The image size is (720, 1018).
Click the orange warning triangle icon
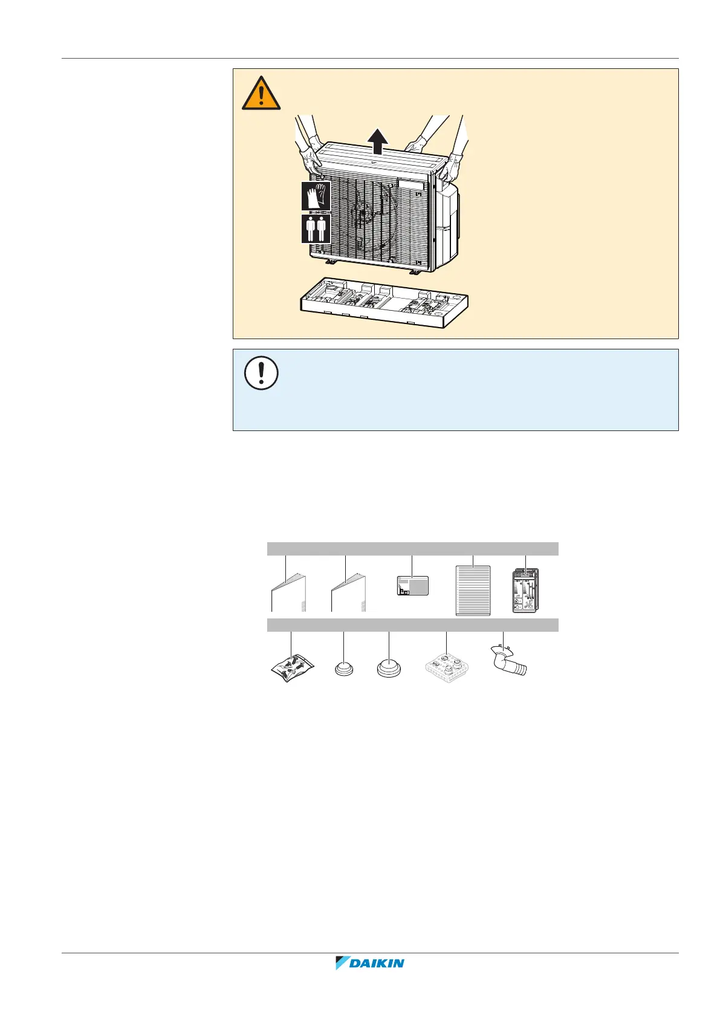[x=261, y=94]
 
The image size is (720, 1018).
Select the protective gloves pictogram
[x=316, y=196]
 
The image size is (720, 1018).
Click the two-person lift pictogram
[x=316, y=229]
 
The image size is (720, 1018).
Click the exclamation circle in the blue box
[x=261, y=372]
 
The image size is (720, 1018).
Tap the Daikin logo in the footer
[x=370, y=962]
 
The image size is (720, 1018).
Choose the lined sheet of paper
[x=473, y=590]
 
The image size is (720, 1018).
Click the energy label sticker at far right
[x=525, y=591]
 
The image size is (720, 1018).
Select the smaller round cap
[x=344, y=669]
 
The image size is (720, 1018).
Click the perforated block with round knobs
[x=447, y=667]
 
